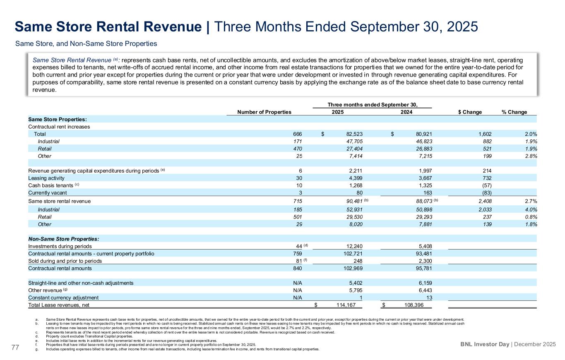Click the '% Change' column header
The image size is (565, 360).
coord(514,112)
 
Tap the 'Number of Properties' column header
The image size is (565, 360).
coord(264,112)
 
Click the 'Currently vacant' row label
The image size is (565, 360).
coord(47,193)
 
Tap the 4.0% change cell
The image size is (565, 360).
coord(531,209)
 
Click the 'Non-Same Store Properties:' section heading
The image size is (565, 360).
coord(63,239)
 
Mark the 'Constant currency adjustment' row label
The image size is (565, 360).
coord(63,298)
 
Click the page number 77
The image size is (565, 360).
coord(16,347)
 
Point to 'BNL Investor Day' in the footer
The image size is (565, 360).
coord(485,344)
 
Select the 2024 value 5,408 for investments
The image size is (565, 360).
coord(423,246)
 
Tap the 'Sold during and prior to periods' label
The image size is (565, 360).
coord(65,261)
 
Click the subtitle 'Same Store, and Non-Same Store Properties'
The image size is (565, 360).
coord(86,43)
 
